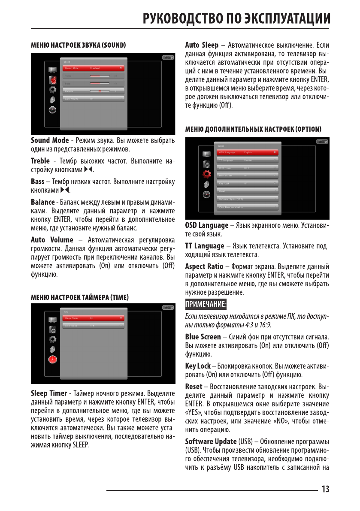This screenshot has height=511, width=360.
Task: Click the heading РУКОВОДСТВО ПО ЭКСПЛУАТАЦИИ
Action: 236,19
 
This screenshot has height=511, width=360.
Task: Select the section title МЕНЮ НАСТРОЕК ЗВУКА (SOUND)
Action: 78,45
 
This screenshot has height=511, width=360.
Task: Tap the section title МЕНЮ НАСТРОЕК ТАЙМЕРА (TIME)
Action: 80,297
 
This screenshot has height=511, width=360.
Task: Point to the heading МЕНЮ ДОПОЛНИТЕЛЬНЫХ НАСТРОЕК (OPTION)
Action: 253,129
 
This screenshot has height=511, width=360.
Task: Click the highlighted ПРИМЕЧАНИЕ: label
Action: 206,305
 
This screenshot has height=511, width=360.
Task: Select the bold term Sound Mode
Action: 50,141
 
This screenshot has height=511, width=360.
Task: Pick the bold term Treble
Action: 40,161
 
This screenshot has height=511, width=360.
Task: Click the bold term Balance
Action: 42,202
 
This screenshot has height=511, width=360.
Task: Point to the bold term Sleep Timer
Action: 49,393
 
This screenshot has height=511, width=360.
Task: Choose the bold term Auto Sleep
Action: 202,45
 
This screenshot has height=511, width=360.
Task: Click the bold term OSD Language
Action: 207,225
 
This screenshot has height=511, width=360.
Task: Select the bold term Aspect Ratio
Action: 204,266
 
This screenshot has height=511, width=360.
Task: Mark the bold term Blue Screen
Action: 203,337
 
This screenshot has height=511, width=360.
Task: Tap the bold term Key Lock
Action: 198,366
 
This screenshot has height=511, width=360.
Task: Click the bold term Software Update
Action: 211,441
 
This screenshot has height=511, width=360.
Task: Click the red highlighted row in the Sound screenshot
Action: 93,68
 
